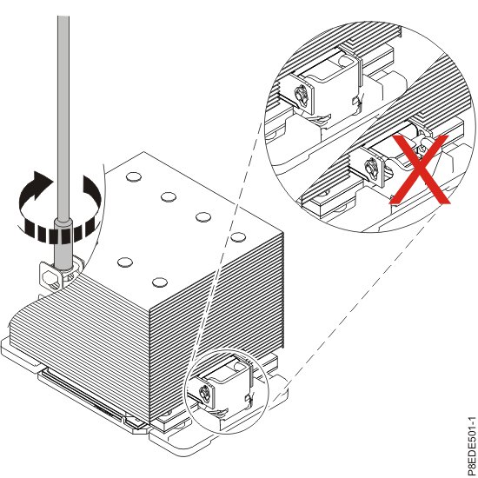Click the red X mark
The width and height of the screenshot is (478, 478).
pyautogui.click(x=421, y=170)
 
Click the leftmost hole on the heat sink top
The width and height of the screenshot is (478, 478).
pyautogui.click(x=123, y=262)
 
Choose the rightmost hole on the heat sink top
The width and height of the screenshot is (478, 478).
pyautogui.click(x=238, y=237)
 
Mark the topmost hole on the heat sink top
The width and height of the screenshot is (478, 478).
pyautogui.click(x=133, y=177)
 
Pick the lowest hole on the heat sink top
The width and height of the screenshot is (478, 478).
pyautogui.click(x=159, y=282)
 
